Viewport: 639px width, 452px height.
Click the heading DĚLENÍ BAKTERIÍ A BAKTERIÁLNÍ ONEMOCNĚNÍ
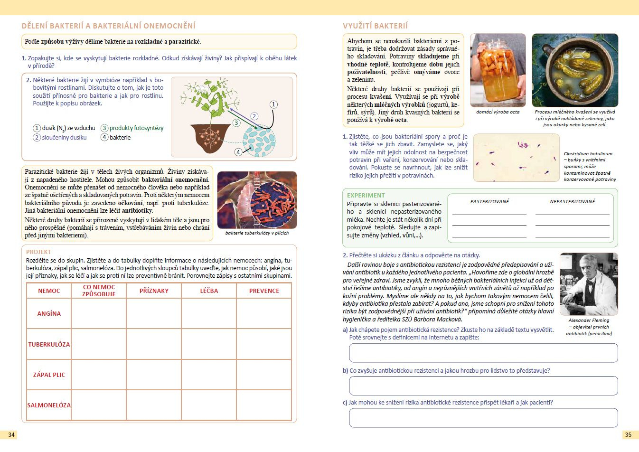click(109, 26)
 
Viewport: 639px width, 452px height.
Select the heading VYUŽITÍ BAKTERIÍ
click(375, 26)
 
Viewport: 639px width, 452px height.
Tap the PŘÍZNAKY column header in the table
click(154, 291)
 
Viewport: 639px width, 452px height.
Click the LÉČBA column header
click(209, 291)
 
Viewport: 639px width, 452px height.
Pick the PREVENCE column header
click(264, 291)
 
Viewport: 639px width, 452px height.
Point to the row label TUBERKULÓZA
click(49, 344)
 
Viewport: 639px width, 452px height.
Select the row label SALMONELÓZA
click(49, 405)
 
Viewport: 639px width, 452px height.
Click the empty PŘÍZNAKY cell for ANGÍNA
click(154, 313)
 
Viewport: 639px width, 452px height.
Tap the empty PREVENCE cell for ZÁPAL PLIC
click(264, 375)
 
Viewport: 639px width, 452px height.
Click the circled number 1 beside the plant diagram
click(273, 104)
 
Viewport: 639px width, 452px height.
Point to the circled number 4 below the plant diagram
click(238, 152)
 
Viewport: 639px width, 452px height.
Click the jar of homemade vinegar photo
click(498, 70)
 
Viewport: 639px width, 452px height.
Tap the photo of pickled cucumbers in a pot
click(575, 70)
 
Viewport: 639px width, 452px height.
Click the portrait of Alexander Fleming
click(589, 284)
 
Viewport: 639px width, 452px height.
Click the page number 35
click(628, 434)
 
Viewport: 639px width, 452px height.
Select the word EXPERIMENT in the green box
click(366, 195)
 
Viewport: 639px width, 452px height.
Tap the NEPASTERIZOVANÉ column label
click(572, 201)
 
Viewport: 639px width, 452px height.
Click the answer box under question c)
click(483, 418)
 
